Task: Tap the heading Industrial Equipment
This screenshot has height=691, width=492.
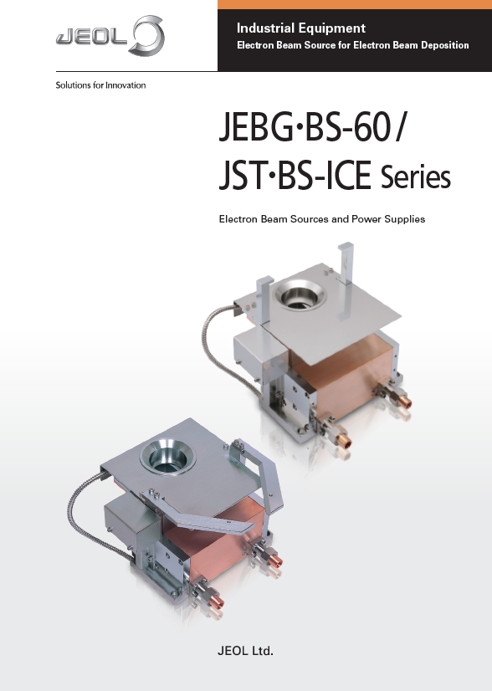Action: pos(301,28)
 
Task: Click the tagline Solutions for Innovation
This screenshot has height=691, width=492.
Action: pos(100,85)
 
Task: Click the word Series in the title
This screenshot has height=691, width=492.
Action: pos(415,178)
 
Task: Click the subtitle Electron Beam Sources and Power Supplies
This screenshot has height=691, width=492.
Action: pos(321,219)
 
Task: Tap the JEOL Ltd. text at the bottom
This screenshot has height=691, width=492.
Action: pos(246,649)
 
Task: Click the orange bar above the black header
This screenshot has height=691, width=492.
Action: pos(355,4)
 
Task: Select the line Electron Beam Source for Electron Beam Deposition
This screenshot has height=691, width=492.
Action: pos(352,45)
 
